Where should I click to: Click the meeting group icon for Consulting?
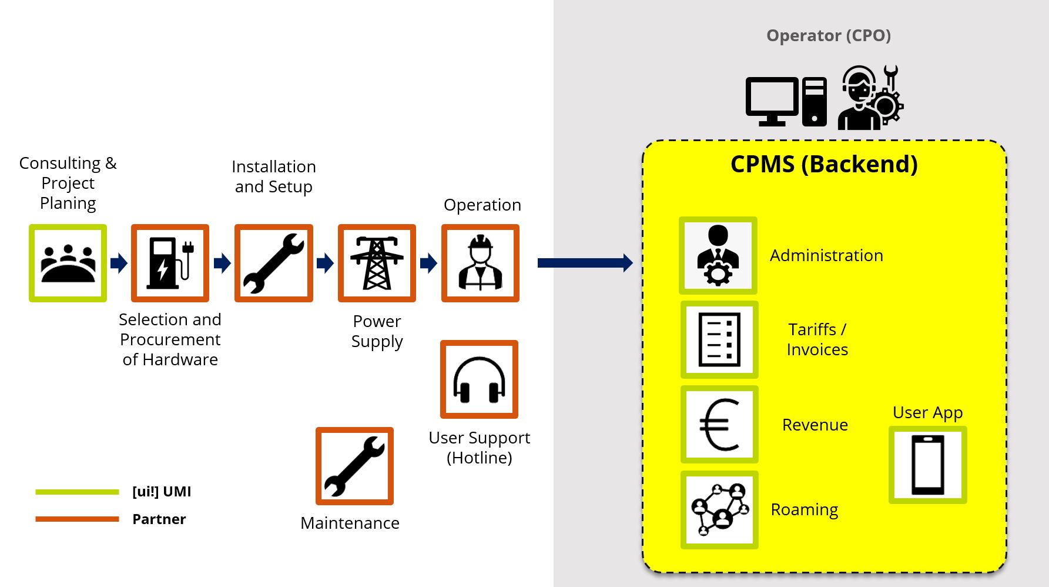(x=68, y=263)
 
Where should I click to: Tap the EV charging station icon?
(x=170, y=263)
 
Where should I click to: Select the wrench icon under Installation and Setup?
(x=273, y=263)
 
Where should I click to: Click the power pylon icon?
(x=377, y=263)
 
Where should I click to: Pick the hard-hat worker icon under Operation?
(x=480, y=263)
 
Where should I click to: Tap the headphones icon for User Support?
(x=479, y=379)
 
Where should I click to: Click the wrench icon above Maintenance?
(x=354, y=466)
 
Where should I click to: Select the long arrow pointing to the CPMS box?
(x=585, y=263)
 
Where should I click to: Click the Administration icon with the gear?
(x=718, y=255)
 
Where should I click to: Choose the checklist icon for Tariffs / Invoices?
(x=719, y=339)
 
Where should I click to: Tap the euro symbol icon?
(x=719, y=424)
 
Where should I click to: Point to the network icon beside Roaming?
(x=719, y=509)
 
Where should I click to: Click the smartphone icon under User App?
(x=927, y=465)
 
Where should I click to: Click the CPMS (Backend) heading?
(x=824, y=164)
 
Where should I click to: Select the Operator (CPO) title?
(x=828, y=36)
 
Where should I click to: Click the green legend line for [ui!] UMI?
(x=77, y=492)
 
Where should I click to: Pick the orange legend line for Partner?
(x=77, y=519)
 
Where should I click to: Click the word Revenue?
(x=815, y=425)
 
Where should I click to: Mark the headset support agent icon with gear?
(x=870, y=98)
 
